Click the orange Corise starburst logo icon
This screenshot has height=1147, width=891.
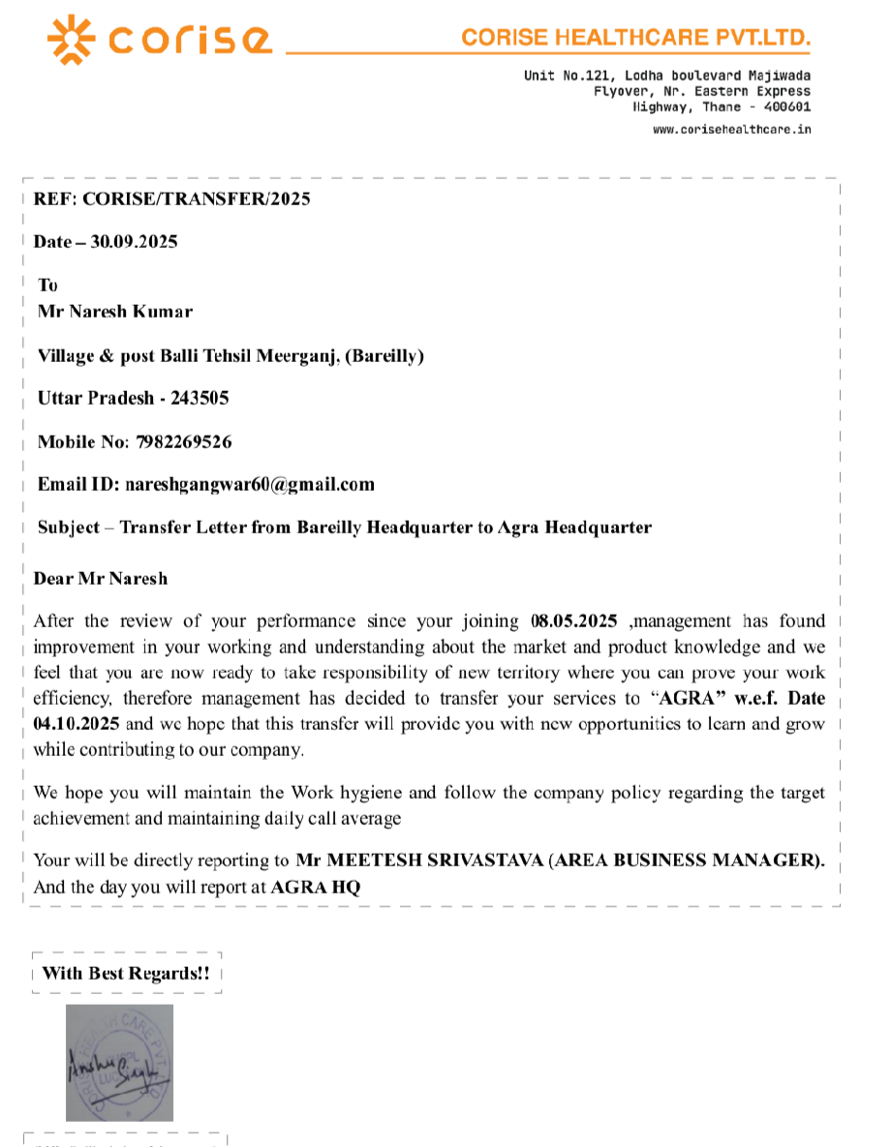click(x=73, y=39)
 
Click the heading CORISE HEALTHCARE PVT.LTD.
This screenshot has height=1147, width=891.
click(x=635, y=38)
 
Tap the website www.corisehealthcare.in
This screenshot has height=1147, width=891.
click(x=732, y=129)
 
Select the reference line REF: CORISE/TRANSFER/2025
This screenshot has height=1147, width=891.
click(x=172, y=199)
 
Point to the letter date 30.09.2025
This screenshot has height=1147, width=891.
click(x=134, y=242)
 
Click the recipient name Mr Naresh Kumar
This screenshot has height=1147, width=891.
click(x=115, y=312)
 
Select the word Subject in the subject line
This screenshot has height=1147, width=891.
click(x=69, y=528)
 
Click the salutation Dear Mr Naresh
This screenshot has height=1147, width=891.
click(x=101, y=579)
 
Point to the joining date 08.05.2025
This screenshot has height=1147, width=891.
click(x=574, y=621)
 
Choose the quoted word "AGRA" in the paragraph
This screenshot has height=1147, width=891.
click(x=687, y=698)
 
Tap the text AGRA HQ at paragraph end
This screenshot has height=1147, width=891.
click(x=316, y=887)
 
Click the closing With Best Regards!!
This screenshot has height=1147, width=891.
click(x=126, y=973)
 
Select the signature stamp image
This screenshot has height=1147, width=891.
click(x=119, y=1062)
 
